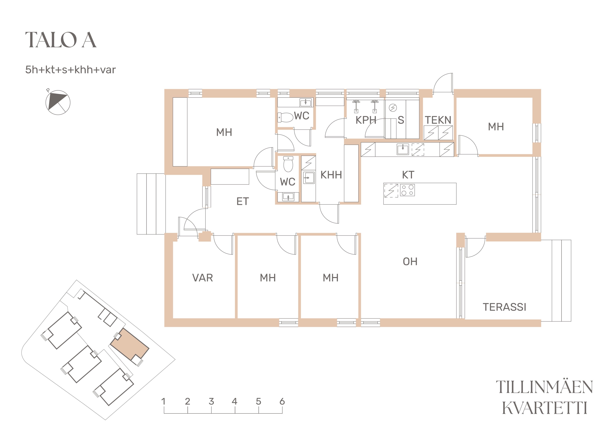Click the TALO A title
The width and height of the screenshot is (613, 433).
pos(61,40)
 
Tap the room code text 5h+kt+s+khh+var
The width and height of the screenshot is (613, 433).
pos(70,70)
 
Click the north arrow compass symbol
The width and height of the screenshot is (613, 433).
pos(58,102)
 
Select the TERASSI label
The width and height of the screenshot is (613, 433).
pos(504,307)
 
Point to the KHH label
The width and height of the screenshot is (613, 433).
pos(331,175)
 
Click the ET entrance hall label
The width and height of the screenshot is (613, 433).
pos(243,201)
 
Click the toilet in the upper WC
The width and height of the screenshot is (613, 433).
pos(285,117)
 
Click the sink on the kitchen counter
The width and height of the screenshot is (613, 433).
pos(403,149)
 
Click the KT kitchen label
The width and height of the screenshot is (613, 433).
pos(408,175)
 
